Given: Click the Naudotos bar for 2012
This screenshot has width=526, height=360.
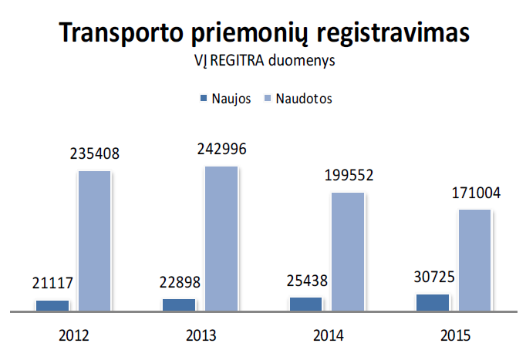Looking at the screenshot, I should (x=96, y=241).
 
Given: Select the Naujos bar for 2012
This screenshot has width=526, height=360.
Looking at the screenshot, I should (x=52, y=305).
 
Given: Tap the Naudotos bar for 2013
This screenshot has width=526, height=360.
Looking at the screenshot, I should (x=222, y=238).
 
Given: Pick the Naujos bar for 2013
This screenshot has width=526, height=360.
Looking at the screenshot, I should (x=179, y=304).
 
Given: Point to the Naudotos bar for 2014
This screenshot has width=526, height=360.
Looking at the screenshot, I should (x=349, y=251).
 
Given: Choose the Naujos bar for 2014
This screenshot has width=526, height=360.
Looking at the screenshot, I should (x=305, y=304).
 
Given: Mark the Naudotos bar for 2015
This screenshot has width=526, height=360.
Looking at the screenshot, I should (x=475, y=260).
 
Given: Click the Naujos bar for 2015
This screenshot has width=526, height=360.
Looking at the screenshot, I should (x=432, y=302).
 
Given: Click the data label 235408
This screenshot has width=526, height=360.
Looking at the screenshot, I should (x=96, y=153).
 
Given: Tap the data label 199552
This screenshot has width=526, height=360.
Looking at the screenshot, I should (x=349, y=175).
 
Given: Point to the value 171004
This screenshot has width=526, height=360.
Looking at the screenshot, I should (x=475, y=193).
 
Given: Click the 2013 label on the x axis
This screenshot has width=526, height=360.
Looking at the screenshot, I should (x=201, y=336).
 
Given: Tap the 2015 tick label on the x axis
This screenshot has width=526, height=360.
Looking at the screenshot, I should (x=454, y=336).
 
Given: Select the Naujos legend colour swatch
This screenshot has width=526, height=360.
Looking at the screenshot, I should (x=204, y=98).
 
